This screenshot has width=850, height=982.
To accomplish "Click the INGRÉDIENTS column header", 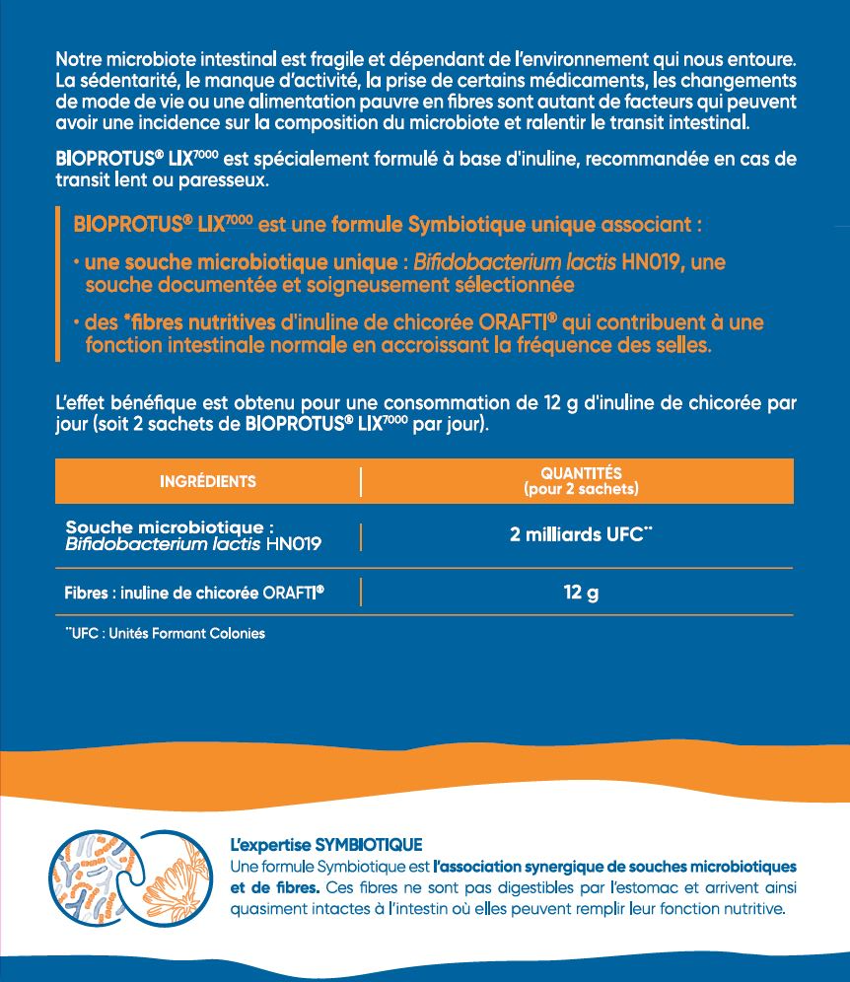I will tap(208, 481).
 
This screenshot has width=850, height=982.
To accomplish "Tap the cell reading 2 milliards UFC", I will tap(581, 535).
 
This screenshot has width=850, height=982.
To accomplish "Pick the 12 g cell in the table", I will tap(581, 594).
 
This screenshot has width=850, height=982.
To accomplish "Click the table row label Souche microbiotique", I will tap(169, 526).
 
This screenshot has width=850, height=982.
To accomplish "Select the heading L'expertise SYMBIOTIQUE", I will tap(325, 845).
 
